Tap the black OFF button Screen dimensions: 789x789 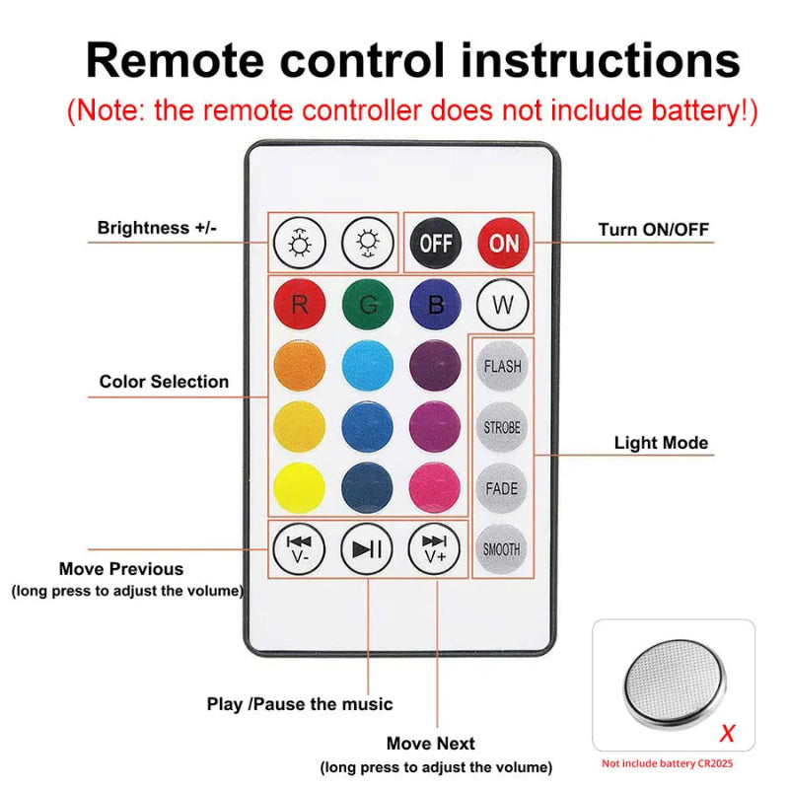(436, 243)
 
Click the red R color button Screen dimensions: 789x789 (300, 305)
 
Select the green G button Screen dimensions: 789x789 (368, 305)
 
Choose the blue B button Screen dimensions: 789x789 (435, 305)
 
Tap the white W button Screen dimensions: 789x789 (502, 305)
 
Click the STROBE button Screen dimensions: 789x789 (502, 427)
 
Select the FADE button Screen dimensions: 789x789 (502, 488)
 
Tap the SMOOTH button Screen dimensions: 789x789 (502, 549)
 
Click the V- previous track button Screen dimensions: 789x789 (299, 548)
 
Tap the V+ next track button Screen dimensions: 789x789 (435, 548)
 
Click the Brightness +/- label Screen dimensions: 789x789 (156, 228)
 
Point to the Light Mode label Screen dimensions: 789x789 (661, 443)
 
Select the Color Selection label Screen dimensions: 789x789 (164, 382)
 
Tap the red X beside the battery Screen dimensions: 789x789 (727, 733)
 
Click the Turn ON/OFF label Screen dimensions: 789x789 (654, 230)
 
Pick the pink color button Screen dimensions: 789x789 (435, 488)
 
